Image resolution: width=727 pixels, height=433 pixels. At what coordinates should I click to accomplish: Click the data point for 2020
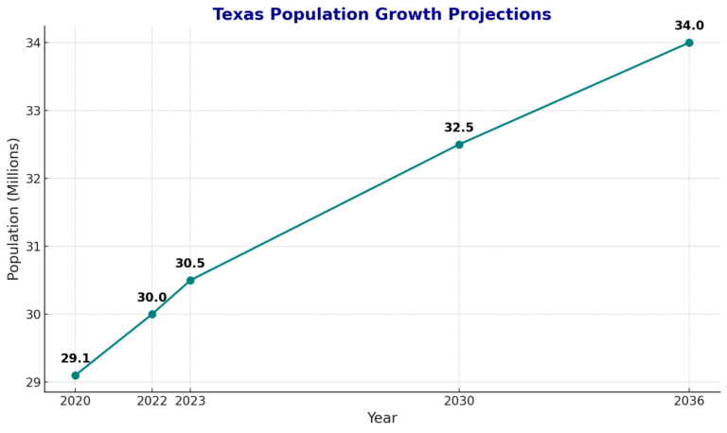click(76, 375)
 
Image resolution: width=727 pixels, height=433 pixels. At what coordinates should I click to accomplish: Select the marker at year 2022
click(152, 314)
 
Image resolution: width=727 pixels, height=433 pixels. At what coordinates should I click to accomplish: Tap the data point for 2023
click(190, 280)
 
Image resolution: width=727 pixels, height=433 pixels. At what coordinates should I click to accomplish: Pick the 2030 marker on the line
click(459, 145)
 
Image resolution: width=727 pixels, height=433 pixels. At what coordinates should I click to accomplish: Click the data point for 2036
click(689, 43)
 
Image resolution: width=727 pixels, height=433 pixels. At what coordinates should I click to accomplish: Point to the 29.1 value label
click(76, 358)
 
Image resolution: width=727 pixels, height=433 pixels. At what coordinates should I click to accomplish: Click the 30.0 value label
click(151, 298)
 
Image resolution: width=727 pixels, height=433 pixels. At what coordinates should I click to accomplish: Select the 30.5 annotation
click(190, 264)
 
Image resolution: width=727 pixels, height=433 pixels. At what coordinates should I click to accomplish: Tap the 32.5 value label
click(459, 128)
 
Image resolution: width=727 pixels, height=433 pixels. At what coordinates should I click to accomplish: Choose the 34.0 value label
click(689, 26)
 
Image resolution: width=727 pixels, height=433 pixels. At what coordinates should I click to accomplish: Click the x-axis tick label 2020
click(76, 401)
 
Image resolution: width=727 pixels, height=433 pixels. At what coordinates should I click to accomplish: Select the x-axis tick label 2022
click(151, 401)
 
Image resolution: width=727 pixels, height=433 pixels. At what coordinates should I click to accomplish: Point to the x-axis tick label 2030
click(459, 401)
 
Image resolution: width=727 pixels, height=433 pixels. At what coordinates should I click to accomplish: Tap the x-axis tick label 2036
click(689, 401)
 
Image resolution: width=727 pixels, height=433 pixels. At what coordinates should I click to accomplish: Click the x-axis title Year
click(381, 418)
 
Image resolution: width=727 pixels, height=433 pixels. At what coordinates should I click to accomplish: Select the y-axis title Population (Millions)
click(14, 209)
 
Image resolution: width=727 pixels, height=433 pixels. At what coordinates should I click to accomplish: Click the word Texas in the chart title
click(237, 15)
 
